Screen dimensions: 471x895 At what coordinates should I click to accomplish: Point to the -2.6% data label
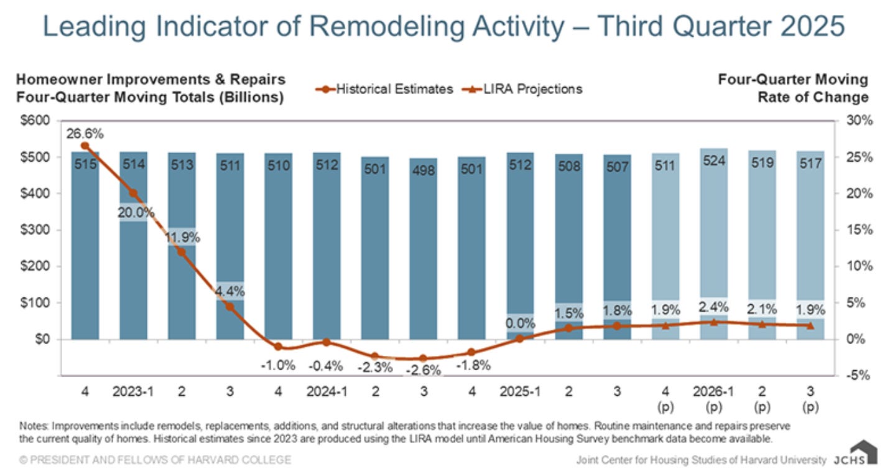[423, 371]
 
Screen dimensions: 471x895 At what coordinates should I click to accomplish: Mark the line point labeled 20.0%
[133, 194]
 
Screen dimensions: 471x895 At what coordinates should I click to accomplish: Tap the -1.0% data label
[278, 365]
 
